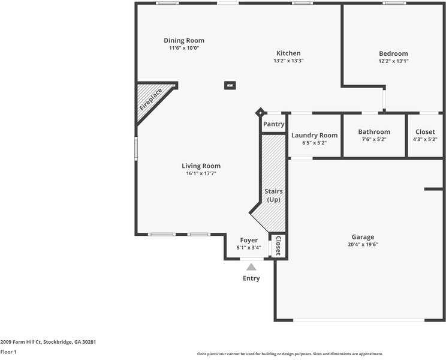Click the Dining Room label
pyautogui.click(x=184, y=41)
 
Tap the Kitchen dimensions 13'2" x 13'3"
pyautogui.click(x=288, y=61)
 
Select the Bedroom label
pyautogui.click(x=393, y=53)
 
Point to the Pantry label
pyautogui.click(x=273, y=124)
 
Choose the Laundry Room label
pyautogui.click(x=315, y=135)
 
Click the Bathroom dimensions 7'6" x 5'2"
pyautogui.click(x=374, y=139)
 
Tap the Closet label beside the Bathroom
pyautogui.click(x=425, y=132)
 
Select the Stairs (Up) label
pyautogui.click(x=274, y=195)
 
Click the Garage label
pyautogui.click(x=363, y=237)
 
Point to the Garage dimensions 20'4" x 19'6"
pyautogui.click(x=363, y=245)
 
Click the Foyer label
pyautogui.click(x=249, y=240)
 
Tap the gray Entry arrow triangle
pyautogui.click(x=251, y=267)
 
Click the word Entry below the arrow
pyautogui.click(x=251, y=278)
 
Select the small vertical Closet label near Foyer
pyautogui.click(x=278, y=245)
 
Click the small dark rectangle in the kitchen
pyautogui.click(x=230, y=85)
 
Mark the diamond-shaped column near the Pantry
pyautogui.click(x=260, y=112)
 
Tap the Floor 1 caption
pyautogui.click(x=8, y=352)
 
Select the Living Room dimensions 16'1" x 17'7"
pyautogui.click(x=201, y=173)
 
